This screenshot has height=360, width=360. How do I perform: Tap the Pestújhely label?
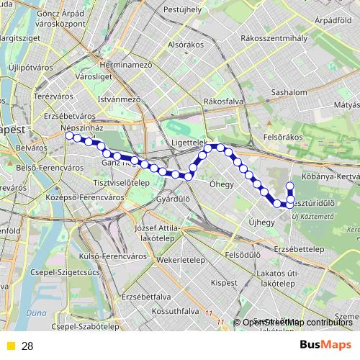[183, 9]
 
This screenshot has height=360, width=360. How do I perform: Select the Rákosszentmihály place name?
[274, 37]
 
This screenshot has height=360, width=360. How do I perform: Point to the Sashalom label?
[270, 93]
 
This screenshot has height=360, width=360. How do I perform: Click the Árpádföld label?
[333, 20]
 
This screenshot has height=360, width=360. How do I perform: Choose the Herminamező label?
[128, 64]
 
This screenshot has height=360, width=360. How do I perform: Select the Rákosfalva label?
[222, 101]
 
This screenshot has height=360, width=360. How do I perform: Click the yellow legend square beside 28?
[10, 346]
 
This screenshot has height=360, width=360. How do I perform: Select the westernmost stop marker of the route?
[69, 135]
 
